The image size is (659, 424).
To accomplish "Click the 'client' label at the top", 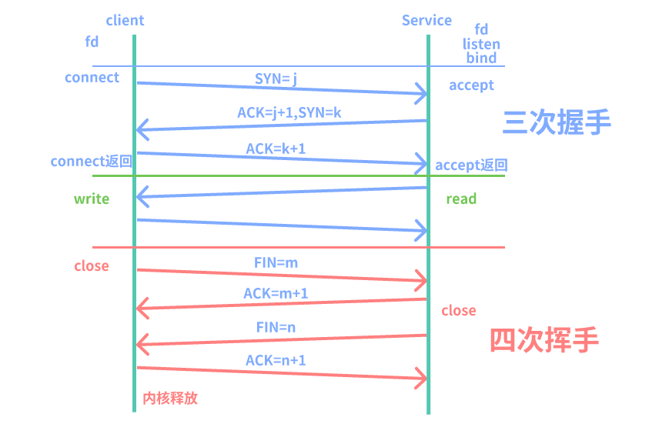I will click(x=125, y=21).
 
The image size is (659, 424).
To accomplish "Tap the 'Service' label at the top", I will click(x=427, y=21).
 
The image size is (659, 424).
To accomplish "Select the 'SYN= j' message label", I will click(x=276, y=78).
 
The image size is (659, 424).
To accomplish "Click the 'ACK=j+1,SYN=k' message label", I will click(x=289, y=112).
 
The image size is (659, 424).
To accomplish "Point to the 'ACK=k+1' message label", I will click(x=276, y=148).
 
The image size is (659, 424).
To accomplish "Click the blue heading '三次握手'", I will click(x=557, y=122).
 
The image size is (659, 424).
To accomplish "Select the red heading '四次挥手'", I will click(x=544, y=339).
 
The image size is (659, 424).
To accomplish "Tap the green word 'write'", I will click(x=92, y=199).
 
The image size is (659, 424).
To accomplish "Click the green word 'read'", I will click(x=461, y=199).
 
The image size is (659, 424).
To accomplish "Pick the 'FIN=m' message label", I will click(x=276, y=262).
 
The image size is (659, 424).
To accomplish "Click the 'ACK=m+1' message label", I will click(x=276, y=293).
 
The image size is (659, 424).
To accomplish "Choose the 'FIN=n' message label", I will click(x=276, y=327).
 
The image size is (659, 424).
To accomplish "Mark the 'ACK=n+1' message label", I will click(x=276, y=359).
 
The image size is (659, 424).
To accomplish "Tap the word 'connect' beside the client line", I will click(x=92, y=78).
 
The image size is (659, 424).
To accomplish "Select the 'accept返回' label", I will click(x=471, y=165).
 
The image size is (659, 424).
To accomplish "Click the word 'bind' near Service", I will click(x=481, y=58).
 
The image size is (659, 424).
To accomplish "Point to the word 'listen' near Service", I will click(x=481, y=44).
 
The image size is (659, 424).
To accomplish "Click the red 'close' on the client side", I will click(x=92, y=266).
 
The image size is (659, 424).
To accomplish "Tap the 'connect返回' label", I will click(x=92, y=162).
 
